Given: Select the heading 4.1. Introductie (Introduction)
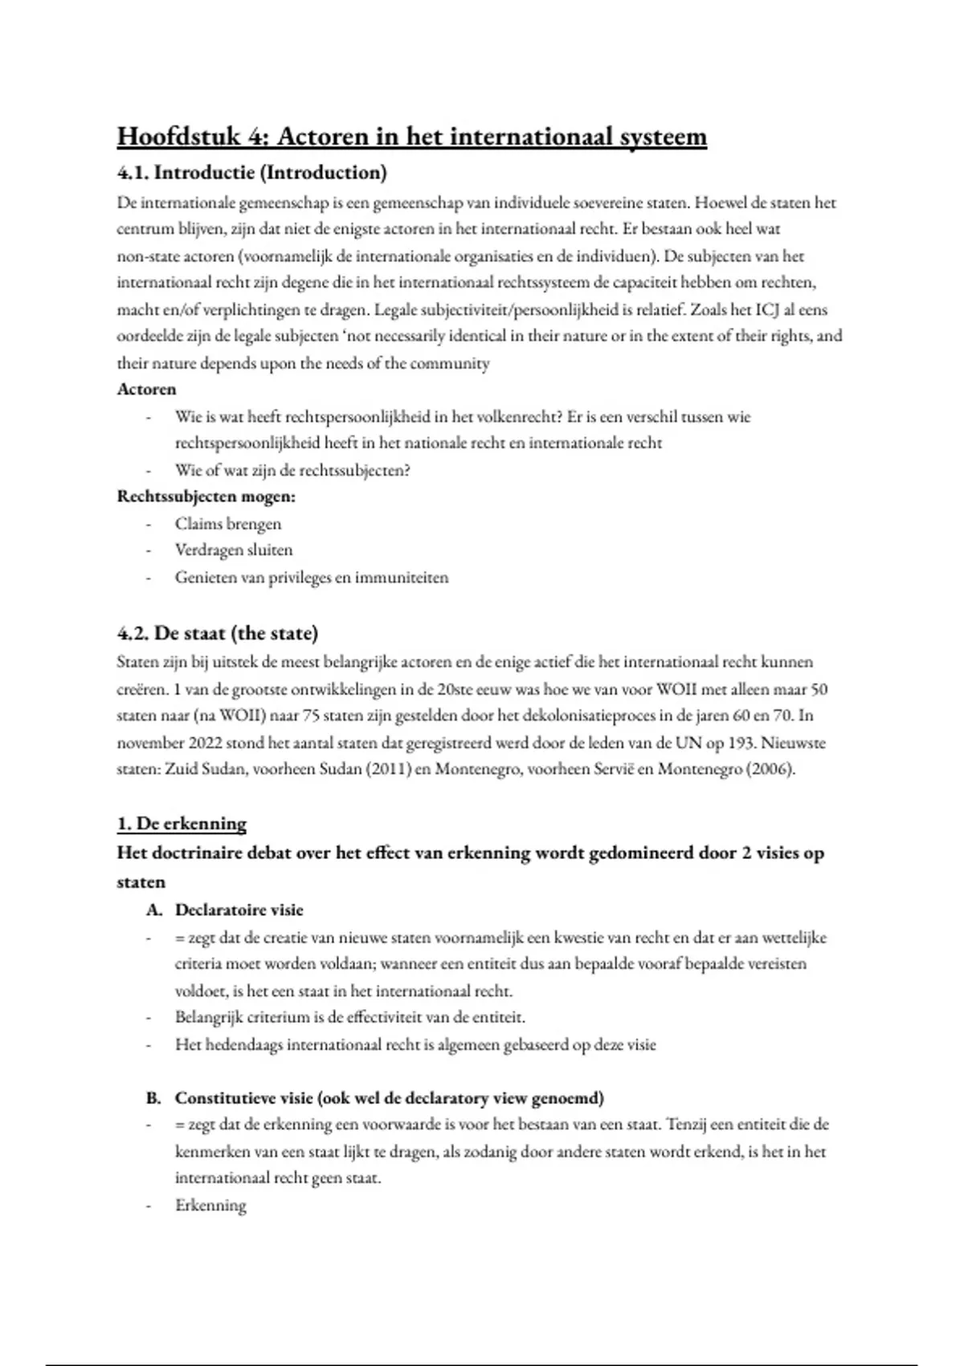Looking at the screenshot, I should coord(252,172).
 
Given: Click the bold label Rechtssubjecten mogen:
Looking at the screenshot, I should coord(206,496).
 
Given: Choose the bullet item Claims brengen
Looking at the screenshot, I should coord(228,524).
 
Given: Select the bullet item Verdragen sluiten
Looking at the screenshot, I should coord(234,550).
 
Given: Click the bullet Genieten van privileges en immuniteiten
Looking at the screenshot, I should coord(312,577).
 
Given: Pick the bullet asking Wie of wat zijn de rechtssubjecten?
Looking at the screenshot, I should coord(292,470).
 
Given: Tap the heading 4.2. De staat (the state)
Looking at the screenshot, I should coord(218,633).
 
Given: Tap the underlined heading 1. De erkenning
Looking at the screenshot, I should coord(182,824).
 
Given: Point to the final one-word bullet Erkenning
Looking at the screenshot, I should coord(210,1205).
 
